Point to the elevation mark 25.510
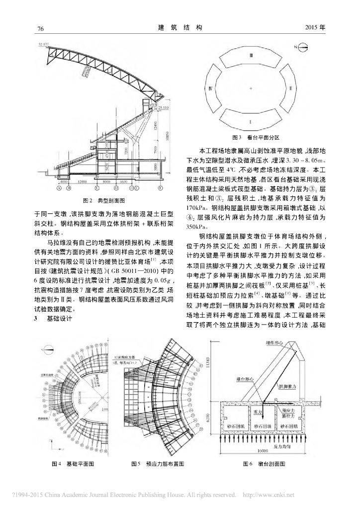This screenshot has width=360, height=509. coord(165,107)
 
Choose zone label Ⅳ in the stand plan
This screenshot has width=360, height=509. coord(212,88)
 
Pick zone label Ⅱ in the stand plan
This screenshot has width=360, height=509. coord(290,88)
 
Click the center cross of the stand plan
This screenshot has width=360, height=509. coord(252,88)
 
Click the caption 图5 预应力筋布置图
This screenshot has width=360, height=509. coord(158,463)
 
